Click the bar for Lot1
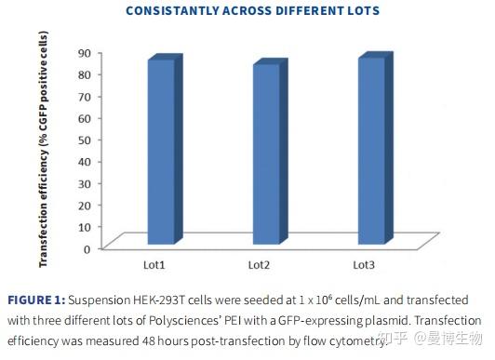(160, 152)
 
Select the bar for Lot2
(265, 153)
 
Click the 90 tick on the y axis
(82, 53)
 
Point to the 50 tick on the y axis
(82, 140)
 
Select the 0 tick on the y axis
(86, 247)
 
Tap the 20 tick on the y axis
(82, 205)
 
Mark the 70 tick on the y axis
(82, 96)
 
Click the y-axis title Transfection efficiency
(43, 149)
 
